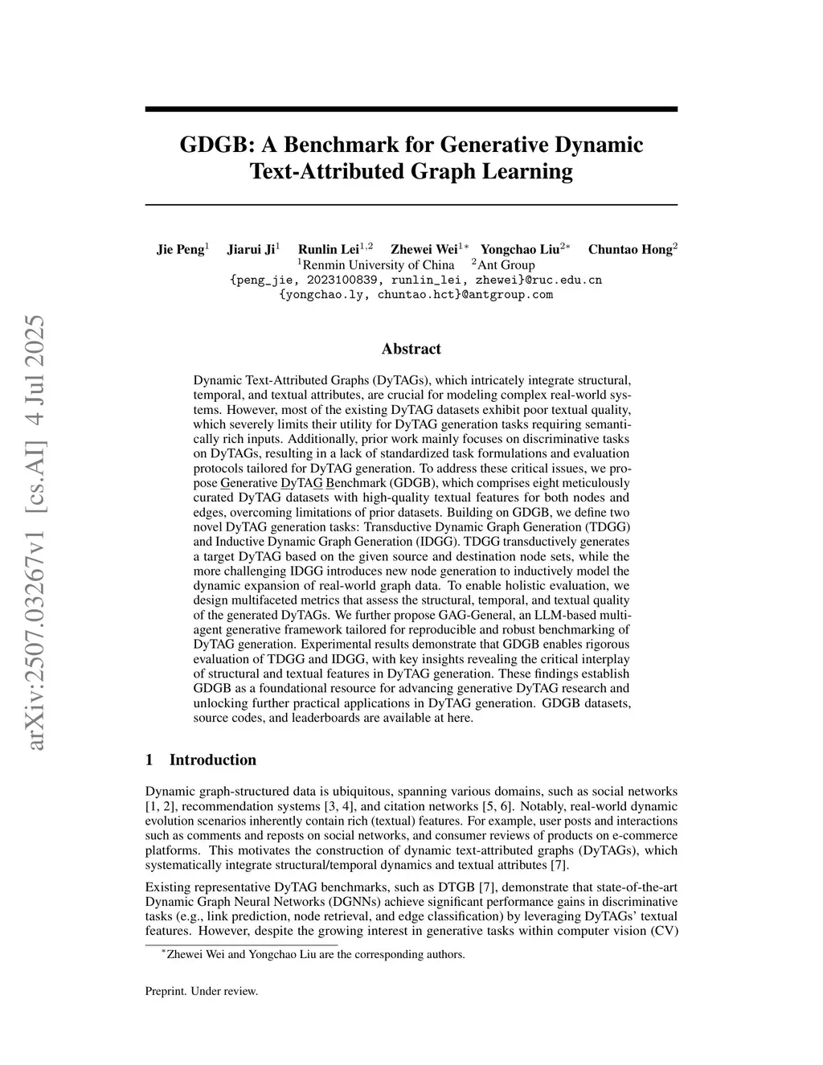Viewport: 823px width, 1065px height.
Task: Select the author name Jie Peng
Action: [180, 249]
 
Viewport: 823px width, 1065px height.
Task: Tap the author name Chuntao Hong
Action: [629, 249]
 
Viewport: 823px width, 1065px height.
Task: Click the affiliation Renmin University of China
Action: [379, 264]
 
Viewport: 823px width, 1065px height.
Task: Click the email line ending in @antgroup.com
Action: [416, 294]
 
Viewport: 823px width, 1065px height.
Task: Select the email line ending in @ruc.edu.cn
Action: [416, 280]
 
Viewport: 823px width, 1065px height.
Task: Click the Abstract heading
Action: [411, 349]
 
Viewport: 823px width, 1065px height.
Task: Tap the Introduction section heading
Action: [212, 760]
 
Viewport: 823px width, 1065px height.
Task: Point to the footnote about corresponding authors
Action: [316, 954]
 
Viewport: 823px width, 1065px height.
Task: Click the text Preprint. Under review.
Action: [201, 991]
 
